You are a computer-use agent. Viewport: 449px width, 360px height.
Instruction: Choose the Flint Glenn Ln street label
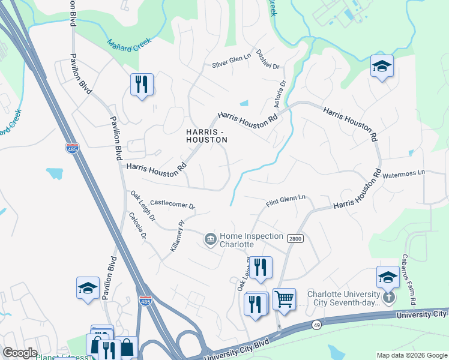[x=286, y=197]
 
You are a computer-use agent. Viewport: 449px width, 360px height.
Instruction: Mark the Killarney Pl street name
[x=176, y=235]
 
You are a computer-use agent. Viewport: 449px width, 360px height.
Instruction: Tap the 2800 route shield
[x=294, y=239]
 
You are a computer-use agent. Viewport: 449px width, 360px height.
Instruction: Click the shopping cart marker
[x=284, y=298]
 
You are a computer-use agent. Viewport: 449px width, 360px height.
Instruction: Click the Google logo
[x=20, y=353]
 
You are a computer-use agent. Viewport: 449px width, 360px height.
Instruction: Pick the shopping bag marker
[x=127, y=347]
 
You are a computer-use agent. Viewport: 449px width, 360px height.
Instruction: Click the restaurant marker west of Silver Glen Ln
[x=142, y=85]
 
